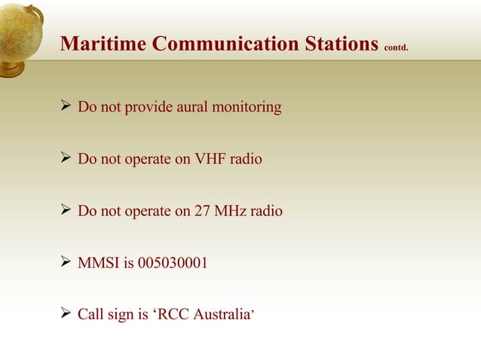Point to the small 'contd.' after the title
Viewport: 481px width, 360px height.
(x=397, y=48)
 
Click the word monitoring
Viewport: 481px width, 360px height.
(x=247, y=108)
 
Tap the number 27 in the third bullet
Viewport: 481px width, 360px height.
(x=202, y=212)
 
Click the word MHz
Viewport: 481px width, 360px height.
(x=231, y=212)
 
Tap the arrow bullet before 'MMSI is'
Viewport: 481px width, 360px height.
(x=65, y=263)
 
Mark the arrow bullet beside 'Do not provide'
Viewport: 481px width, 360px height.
(x=65, y=107)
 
